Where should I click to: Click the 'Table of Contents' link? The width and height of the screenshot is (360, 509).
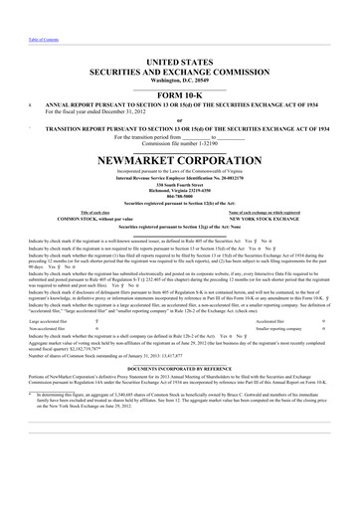pyautogui.click(x=18, y=9)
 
